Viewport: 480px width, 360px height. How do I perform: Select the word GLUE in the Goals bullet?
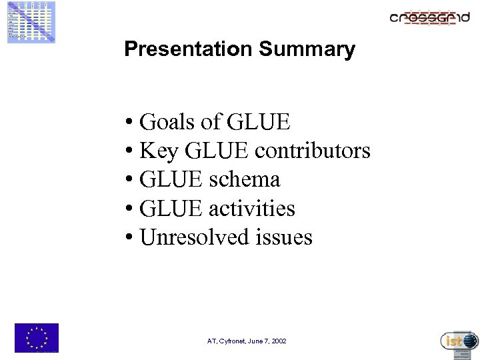point(259,122)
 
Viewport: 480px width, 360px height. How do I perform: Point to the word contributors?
point(313,151)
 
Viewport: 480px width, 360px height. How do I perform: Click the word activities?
point(251,208)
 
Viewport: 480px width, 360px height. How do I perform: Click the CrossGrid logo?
point(429,17)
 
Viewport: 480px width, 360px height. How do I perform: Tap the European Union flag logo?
point(37,337)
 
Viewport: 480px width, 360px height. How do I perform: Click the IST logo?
point(459,341)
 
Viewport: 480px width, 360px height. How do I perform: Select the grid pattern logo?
point(31,22)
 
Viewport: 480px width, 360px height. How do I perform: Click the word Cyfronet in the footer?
point(234,341)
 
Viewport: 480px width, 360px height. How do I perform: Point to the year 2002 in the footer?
point(279,341)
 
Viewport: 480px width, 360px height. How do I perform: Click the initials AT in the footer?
point(211,341)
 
